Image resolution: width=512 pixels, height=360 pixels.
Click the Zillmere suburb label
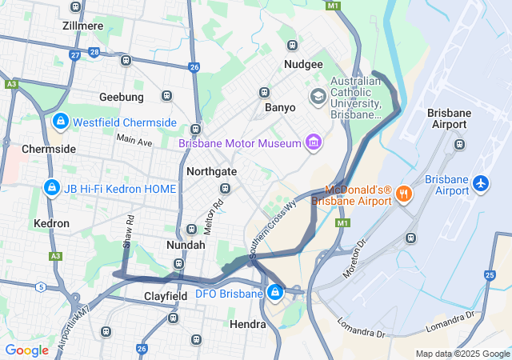[82, 26]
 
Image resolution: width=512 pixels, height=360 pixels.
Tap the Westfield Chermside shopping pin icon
[60, 122]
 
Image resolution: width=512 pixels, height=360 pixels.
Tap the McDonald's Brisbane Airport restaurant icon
[404, 194]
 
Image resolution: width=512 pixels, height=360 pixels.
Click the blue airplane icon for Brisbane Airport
[481, 183]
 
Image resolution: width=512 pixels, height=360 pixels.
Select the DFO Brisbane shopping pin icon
[275, 293]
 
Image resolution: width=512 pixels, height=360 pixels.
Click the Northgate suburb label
[211, 171]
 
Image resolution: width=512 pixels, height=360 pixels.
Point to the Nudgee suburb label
[303, 65]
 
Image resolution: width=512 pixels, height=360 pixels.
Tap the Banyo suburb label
[279, 107]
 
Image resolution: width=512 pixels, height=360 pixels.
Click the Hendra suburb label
[247, 324]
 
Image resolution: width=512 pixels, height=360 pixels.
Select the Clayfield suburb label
[166, 296]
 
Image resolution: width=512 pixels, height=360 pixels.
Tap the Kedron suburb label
[53, 223]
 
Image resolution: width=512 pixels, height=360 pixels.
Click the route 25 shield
[490, 275]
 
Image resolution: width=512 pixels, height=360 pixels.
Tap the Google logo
[26, 350]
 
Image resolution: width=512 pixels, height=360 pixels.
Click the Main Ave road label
[134, 140]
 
